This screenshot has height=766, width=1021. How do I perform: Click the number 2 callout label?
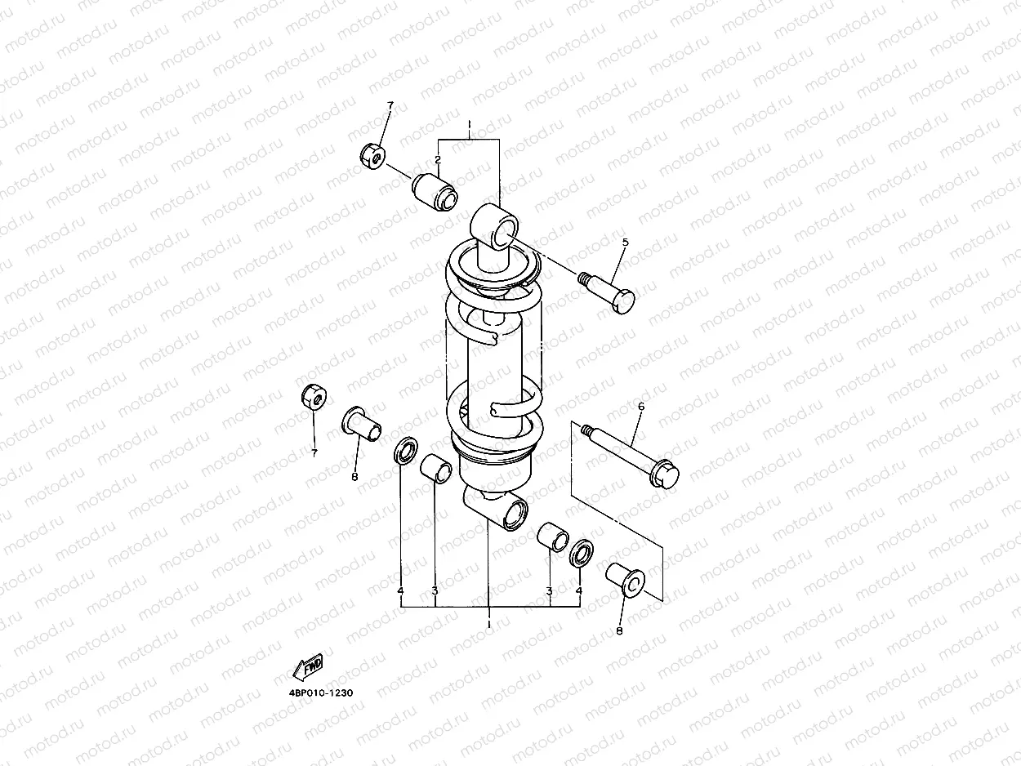click(438, 159)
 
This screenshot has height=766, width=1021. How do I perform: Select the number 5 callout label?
click(625, 243)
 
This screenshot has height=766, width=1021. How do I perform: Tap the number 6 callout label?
click(640, 406)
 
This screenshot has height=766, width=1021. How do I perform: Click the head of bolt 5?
click(622, 300)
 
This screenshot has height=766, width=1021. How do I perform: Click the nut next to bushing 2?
click(373, 157)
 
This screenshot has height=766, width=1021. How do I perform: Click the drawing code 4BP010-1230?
click(321, 693)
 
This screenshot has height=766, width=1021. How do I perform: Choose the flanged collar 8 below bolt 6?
click(626, 579)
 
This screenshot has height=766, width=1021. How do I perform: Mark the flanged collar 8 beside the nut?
click(360, 423)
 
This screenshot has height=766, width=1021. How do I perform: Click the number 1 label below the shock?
click(488, 624)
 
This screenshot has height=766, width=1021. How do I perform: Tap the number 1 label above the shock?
click(469, 126)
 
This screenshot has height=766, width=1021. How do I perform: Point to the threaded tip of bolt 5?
click(584, 278)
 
